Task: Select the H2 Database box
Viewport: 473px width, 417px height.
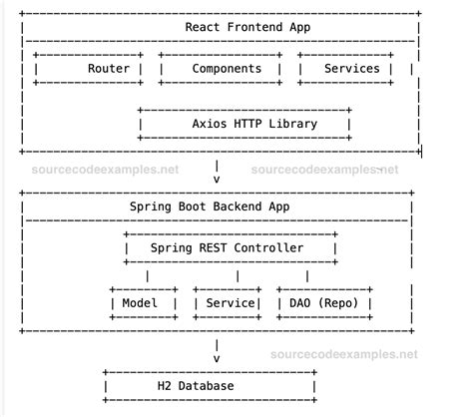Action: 210,385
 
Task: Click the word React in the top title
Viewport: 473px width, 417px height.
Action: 206,25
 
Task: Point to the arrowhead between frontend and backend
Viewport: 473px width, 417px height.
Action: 217,180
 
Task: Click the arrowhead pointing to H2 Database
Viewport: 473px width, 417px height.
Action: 217,358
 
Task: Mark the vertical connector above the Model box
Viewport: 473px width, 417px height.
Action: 148,275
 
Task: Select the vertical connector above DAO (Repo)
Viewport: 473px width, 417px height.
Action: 306,275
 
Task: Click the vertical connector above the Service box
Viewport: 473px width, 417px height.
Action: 237,275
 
